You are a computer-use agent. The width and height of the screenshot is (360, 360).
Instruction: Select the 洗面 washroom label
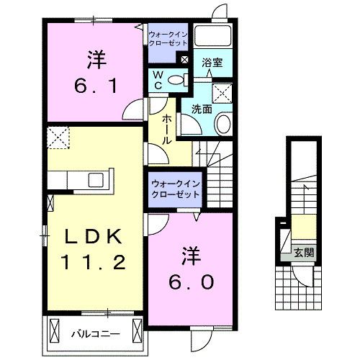[202, 109]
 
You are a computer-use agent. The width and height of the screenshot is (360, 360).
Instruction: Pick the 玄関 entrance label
[302, 252]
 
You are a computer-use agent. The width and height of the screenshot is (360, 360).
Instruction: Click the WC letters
[157, 80]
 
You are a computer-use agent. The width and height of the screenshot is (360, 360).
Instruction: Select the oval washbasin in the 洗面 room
[222, 124]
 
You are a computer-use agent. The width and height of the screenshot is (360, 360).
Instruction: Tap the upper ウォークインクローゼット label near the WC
[167, 37]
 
